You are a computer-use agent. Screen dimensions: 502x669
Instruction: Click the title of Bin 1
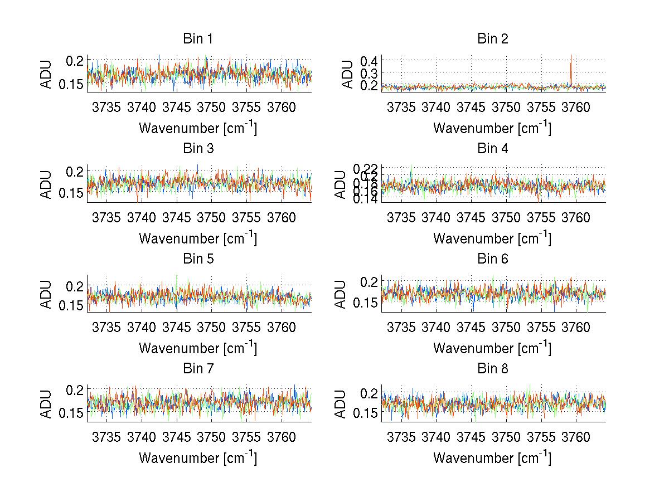coord(198,39)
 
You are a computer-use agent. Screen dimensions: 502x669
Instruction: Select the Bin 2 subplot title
coord(492,39)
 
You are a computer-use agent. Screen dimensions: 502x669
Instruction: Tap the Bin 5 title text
coord(198,259)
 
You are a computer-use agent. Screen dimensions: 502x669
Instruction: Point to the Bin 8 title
coord(492,369)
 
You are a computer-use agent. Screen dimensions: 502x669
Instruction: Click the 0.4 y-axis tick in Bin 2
coord(370,60)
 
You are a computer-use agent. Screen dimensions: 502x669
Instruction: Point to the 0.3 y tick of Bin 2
coord(370,73)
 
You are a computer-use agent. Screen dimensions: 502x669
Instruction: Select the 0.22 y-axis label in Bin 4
coord(366,168)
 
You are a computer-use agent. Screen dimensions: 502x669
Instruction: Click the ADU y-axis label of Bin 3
coord(47,184)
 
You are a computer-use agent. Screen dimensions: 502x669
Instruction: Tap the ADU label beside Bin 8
coord(341,404)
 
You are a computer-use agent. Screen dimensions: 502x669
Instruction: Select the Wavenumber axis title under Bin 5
coord(198,348)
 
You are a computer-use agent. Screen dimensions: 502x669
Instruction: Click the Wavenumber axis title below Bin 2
coord(492,128)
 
